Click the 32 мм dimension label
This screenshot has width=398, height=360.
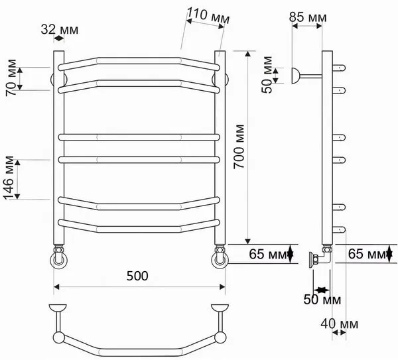tap(60, 29)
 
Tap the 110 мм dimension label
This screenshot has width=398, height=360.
tap(208, 15)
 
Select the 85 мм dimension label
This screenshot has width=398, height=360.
tap(308, 17)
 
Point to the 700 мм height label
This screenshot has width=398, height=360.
tap(239, 147)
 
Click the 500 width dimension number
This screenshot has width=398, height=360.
tap(137, 276)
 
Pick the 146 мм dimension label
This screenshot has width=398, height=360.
tap(9, 178)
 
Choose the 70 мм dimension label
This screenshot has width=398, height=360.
tap(11, 78)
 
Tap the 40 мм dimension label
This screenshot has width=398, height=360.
tap(340, 324)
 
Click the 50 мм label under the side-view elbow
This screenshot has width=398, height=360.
tap(322, 300)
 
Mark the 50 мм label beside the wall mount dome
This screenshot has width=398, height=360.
tap(267, 75)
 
